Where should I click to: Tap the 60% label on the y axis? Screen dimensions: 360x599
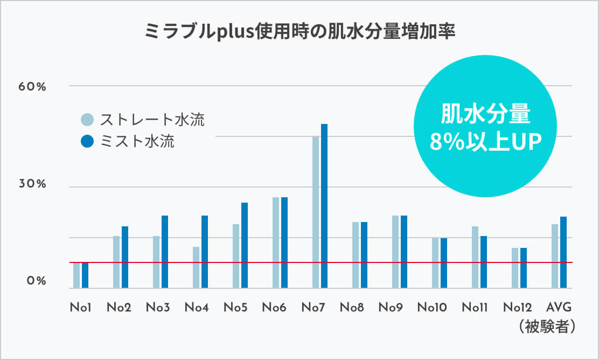click(33, 87)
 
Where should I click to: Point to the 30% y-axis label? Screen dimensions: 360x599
click(33, 184)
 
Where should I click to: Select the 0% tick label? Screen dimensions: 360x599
click(36, 281)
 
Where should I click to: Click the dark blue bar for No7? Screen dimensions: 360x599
click(324, 206)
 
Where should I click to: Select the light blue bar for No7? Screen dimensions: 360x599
click(316, 212)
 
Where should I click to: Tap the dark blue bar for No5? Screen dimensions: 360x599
click(245, 245)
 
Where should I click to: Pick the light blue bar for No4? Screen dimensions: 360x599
click(196, 267)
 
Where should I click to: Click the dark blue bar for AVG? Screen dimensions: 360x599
click(563, 252)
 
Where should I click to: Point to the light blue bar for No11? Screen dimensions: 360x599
click(475, 257)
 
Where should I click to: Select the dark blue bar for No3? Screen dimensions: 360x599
click(165, 252)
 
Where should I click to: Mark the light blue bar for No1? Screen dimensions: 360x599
click(76, 275)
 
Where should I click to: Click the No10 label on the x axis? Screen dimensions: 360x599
click(432, 308)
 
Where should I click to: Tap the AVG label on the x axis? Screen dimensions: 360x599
click(559, 308)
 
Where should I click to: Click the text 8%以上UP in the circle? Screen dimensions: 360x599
click(485, 142)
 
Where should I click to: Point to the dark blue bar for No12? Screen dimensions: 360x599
click(523, 268)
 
